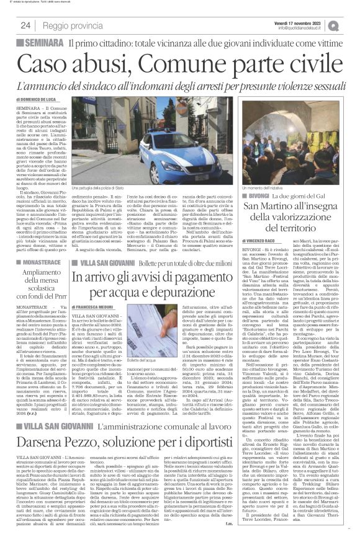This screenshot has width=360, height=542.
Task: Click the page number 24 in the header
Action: tap(25, 25)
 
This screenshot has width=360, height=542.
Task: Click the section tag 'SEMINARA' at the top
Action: tap(42, 43)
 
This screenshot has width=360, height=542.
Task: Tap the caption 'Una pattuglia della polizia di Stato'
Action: tap(99, 187)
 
